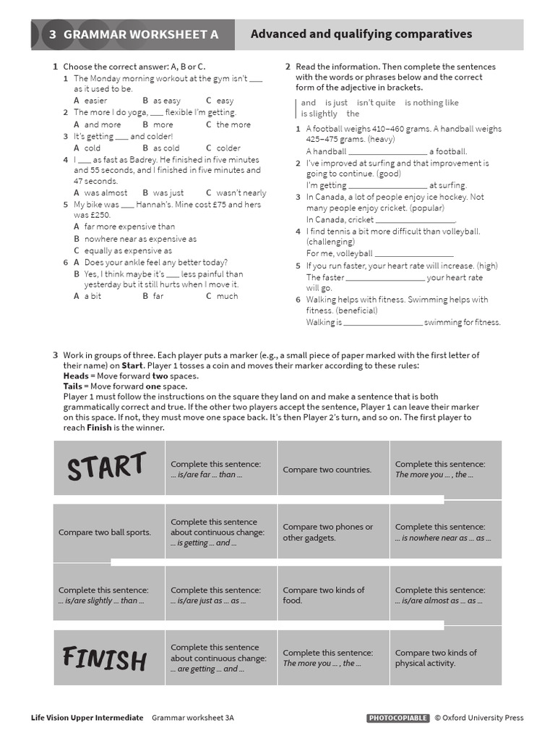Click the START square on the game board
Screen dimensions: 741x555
(109, 468)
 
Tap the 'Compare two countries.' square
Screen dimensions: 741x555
(332, 469)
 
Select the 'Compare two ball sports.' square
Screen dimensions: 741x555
(109, 532)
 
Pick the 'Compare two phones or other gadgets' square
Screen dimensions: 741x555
(332, 532)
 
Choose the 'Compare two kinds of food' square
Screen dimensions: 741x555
(332, 595)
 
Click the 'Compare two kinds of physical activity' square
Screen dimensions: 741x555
(444, 657)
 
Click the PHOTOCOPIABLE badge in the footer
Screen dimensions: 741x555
(397, 718)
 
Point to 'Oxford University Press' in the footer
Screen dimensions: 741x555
(483, 718)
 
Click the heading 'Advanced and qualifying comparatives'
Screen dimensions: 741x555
(361, 34)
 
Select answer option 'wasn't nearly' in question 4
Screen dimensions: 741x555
(241, 192)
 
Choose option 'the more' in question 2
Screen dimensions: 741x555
(233, 124)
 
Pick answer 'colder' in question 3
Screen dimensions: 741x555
(228, 148)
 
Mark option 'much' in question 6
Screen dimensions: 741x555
(226, 296)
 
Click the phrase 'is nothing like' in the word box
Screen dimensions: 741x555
(431, 103)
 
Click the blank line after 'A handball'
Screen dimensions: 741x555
(387, 152)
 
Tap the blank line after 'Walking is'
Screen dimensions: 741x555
(382, 323)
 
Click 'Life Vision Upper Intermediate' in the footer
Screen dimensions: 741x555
(87, 718)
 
